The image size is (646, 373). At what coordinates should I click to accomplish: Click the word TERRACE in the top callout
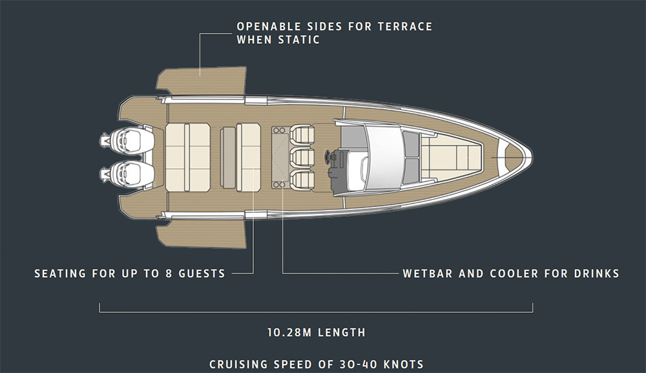point(405,27)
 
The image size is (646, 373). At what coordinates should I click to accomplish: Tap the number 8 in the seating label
point(169,273)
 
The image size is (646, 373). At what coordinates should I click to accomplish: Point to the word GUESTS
point(202,273)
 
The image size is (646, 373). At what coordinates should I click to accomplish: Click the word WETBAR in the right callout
point(428,273)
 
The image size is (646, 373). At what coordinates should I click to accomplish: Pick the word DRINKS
point(597,273)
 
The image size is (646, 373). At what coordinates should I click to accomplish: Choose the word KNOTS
point(403,365)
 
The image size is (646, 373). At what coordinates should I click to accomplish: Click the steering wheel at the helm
point(328,157)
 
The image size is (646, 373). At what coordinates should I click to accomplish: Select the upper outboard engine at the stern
point(127,140)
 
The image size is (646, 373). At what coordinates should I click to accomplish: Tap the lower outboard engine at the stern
point(127,173)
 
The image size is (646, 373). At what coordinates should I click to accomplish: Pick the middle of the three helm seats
point(302,158)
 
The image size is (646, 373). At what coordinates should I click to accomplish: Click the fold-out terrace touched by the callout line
point(202,81)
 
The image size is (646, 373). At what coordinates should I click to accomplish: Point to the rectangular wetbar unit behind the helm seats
point(280,157)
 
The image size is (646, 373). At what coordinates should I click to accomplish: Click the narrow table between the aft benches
point(228,158)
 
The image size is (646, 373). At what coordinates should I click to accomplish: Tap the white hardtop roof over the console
point(384,157)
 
